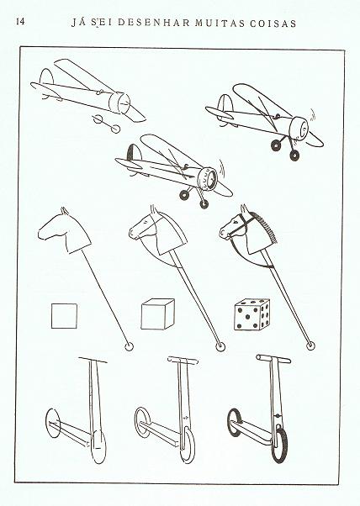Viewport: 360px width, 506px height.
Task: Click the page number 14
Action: click(20, 22)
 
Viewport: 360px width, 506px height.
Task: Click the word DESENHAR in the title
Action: click(153, 24)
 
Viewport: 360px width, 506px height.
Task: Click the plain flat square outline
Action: click(64, 316)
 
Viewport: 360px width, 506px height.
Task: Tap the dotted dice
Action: click(251, 314)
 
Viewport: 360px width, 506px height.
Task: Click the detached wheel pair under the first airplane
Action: click(106, 124)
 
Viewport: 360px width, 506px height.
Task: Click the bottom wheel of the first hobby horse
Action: click(129, 347)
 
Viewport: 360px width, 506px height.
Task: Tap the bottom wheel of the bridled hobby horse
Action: click(310, 345)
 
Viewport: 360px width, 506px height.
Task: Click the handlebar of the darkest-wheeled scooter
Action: click(273, 359)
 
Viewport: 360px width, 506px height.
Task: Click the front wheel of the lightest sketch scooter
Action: click(98, 447)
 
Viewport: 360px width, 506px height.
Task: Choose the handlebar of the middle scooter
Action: click(183, 361)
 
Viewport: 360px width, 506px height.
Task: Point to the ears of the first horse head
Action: click(65, 211)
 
